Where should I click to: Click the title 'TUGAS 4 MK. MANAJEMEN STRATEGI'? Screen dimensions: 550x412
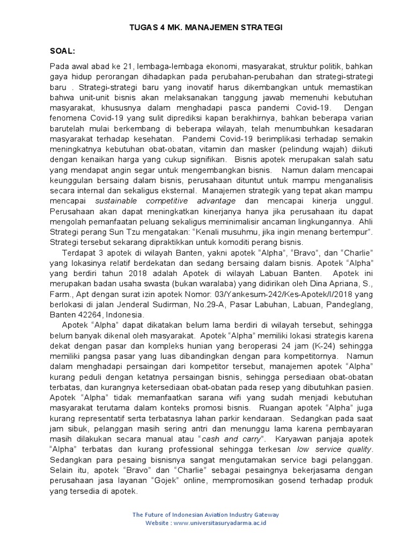[x=206, y=27]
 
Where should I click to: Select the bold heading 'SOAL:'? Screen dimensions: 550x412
[x=63, y=51]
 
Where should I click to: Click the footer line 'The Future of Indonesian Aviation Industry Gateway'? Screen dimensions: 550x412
[x=206, y=515]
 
